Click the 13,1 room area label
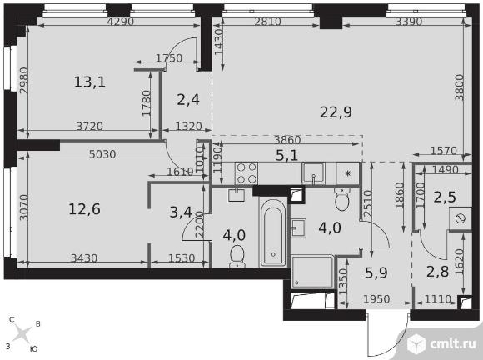[90, 82]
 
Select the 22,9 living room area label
[336, 112]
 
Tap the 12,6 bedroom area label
[84, 209]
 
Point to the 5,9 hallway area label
[376, 272]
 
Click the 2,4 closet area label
[188, 100]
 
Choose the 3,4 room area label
[181, 212]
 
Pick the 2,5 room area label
[445, 197]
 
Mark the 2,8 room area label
[437, 272]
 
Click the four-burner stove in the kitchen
[246, 172]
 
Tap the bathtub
[272, 232]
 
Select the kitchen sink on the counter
[313, 172]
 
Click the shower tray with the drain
[312, 271]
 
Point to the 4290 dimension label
[121, 22]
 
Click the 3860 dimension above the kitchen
[287, 140]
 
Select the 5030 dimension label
[102, 154]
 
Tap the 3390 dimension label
[408, 22]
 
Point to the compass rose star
[22, 334]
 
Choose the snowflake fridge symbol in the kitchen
[348, 173]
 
